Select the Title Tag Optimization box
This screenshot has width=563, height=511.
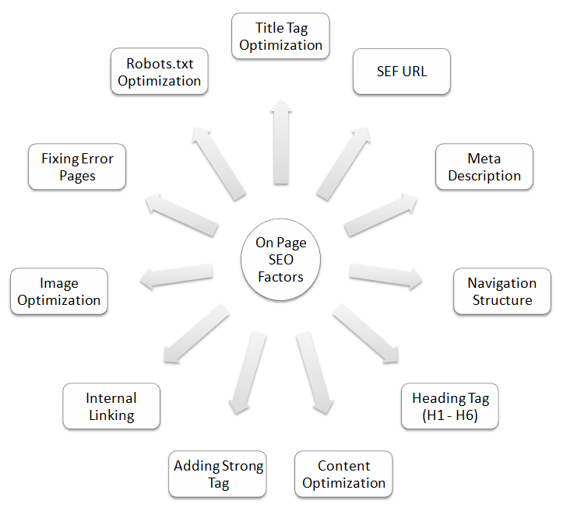[280, 37]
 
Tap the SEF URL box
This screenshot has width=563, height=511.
[401, 72]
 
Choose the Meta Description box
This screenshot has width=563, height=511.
[484, 167]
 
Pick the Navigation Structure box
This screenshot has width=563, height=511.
[501, 292]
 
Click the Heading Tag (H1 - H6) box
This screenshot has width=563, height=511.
[450, 407]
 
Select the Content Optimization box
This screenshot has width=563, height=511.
[343, 474]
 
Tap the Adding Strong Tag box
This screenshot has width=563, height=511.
[218, 474]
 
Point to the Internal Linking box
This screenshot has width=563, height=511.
[111, 406]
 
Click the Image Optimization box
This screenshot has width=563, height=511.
[59, 292]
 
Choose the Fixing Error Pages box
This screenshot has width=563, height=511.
[77, 166]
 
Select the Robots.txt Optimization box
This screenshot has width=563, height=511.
[159, 72]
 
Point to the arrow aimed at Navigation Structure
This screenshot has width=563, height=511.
[385, 275]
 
